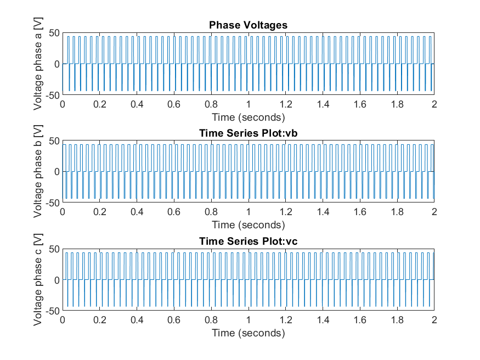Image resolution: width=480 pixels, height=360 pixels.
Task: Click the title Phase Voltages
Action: click(249, 25)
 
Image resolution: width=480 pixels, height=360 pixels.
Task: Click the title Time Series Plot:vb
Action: click(249, 133)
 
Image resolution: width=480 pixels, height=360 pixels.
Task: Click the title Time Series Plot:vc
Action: click(249, 241)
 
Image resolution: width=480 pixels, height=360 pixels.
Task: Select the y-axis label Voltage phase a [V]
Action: click(38, 64)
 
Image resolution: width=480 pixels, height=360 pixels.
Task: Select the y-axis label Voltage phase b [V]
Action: click(38, 172)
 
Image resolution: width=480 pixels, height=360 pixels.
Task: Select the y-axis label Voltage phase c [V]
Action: click(38, 279)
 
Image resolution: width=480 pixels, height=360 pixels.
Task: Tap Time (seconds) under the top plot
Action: click(249, 117)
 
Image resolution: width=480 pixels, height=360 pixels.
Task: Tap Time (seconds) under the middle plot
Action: click(249, 224)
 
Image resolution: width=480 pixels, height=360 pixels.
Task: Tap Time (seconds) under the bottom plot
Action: click(249, 333)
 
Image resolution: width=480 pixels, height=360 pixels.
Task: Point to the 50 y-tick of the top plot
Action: click(53, 33)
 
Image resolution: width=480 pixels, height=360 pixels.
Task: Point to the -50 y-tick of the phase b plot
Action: click(52, 203)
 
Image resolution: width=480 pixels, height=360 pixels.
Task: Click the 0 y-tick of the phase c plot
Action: click(55, 280)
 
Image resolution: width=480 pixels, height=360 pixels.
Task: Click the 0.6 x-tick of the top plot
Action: click(174, 105)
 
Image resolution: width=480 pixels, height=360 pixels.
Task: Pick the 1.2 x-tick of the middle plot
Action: click(285, 213)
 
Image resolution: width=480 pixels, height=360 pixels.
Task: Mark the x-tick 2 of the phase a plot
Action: click(434, 105)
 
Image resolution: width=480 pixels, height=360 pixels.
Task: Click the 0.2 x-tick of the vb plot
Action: click(100, 213)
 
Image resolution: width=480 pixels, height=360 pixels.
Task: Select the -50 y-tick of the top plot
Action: click(52, 95)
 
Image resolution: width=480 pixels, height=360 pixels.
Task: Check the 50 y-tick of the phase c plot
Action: click(53, 249)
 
